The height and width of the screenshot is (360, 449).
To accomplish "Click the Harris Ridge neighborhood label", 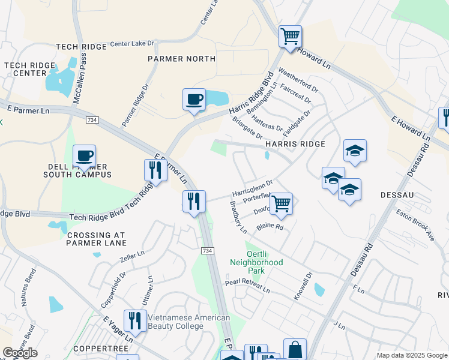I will coord(295,145).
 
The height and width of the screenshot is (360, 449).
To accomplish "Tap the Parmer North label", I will coord(182,59).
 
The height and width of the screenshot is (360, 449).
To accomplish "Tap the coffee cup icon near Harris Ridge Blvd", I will coord(194,100).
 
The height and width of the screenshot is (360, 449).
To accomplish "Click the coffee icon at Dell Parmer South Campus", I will coord(84,157).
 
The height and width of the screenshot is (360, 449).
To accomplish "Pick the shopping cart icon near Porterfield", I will coord(280,204).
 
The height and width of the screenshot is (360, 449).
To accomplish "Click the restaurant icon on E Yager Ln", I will coord(135,321).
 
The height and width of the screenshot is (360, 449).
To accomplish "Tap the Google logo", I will coord(20,353).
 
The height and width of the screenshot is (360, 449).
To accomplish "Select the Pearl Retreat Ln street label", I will coord(247,286).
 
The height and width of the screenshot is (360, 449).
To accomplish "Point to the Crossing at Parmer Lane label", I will coord(97,239).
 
